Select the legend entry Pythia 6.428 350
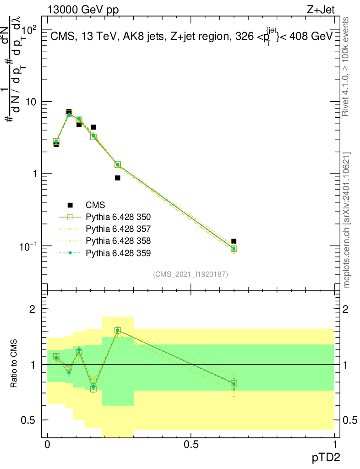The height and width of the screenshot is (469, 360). pos(118,217)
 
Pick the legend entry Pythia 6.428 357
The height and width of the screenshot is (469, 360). pos(118,229)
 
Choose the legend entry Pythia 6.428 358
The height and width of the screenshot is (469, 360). pos(118,240)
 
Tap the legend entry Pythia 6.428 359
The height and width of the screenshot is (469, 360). pos(118,252)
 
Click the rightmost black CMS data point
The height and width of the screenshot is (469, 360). pos(234,241)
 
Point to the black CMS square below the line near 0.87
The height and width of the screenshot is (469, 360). pos(118,178)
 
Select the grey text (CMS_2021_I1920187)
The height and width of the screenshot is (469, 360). pos(191,274)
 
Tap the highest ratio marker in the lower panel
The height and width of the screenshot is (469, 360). pos(118,330)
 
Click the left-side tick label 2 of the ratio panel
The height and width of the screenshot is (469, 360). pos(33,309)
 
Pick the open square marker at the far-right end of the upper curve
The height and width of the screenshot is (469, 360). pos(234,249)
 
